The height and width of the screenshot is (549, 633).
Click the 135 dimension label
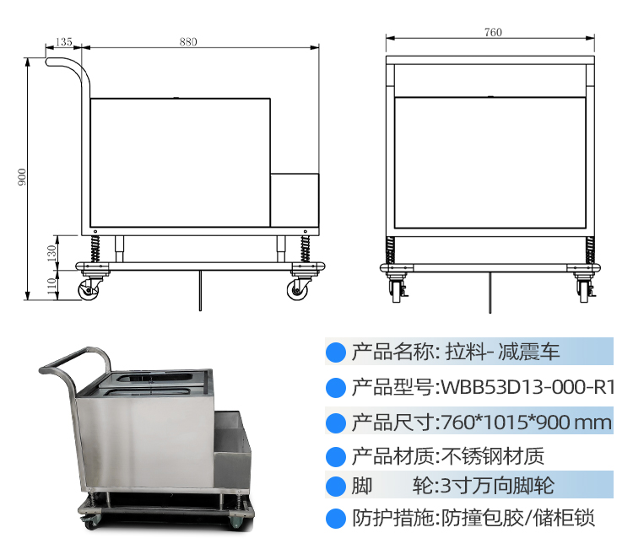click(x=64, y=41)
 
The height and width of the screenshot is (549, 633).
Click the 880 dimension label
click(x=188, y=41)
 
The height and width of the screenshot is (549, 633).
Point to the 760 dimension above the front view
click(x=493, y=32)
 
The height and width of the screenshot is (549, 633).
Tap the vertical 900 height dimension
click(x=22, y=177)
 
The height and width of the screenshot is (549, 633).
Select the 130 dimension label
click(x=51, y=253)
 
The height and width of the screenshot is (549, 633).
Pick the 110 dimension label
click(x=51, y=286)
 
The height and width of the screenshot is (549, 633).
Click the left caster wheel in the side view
click(x=89, y=290)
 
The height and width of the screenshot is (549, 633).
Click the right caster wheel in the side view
click(x=298, y=290)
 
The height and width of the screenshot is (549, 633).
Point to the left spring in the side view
click(x=95, y=249)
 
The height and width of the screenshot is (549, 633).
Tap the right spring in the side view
click(x=306, y=249)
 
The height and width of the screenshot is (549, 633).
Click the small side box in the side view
click(x=295, y=201)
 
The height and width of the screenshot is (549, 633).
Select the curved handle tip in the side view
click(x=48, y=62)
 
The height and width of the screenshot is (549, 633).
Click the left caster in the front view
click(x=398, y=288)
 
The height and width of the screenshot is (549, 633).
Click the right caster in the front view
click(x=584, y=288)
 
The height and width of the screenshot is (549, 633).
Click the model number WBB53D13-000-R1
click(x=527, y=388)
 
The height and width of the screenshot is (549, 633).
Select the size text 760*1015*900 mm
click(x=527, y=423)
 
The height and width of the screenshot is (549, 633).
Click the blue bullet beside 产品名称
click(x=336, y=353)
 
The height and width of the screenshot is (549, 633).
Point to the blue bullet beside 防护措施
click(x=336, y=519)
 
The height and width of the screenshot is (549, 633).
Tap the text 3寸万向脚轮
click(x=497, y=485)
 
